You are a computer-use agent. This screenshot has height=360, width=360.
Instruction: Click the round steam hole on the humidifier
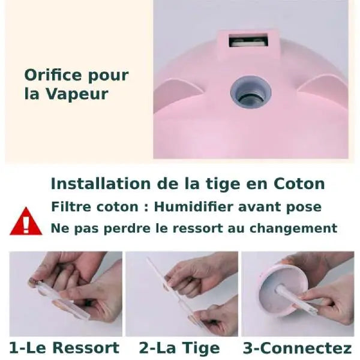(250, 92)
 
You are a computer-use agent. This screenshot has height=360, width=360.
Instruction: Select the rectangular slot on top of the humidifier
(248, 42)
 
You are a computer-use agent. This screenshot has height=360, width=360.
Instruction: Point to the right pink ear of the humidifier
(323, 90)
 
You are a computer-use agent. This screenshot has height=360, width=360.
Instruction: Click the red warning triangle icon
(26, 222)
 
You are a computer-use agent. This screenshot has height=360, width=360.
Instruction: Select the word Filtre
(71, 207)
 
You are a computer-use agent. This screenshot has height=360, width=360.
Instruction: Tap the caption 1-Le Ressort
(64, 348)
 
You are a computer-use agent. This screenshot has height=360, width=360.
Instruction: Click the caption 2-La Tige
(179, 348)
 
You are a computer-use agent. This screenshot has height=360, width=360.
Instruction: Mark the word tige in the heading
(220, 184)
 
